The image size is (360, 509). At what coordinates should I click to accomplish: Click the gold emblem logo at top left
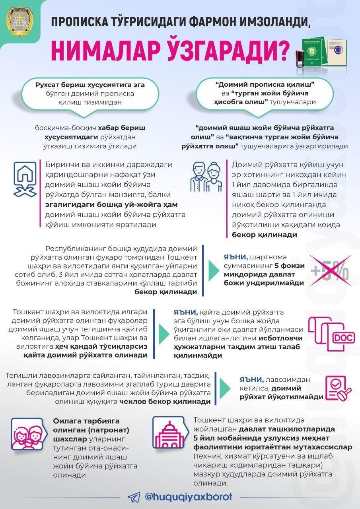[x=19, y=20]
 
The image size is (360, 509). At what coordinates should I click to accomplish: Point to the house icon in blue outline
[x=25, y=179]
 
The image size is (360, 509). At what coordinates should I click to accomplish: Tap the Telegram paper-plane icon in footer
[x=134, y=497]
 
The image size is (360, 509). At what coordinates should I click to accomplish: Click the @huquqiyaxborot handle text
[x=189, y=497]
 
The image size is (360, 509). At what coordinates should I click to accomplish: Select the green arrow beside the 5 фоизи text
[x=213, y=270]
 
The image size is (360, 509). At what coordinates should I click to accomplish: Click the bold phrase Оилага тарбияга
[x=80, y=421]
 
